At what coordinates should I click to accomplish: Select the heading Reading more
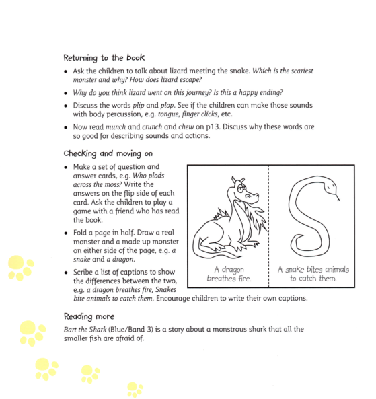(x=89, y=316)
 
